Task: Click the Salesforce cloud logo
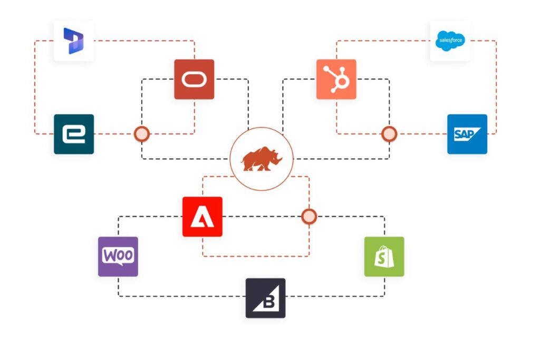click(x=450, y=41)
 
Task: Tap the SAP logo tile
click(x=467, y=134)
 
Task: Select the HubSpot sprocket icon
click(x=336, y=80)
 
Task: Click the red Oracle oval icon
click(x=194, y=80)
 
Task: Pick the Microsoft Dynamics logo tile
click(x=74, y=41)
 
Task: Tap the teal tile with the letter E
click(x=74, y=134)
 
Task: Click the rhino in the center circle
click(x=262, y=159)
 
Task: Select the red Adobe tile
click(x=202, y=217)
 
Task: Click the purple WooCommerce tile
click(x=118, y=257)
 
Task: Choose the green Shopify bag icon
click(x=384, y=257)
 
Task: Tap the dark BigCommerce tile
click(x=265, y=298)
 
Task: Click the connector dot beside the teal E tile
click(x=141, y=134)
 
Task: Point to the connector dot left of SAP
click(x=389, y=134)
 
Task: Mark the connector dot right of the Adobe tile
click(x=309, y=216)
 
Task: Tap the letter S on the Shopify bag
click(x=384, y=259)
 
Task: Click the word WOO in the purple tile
click(x=118, y=255)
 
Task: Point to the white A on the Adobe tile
click(x=202, y=217)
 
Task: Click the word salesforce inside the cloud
click(x=450, y=40)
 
